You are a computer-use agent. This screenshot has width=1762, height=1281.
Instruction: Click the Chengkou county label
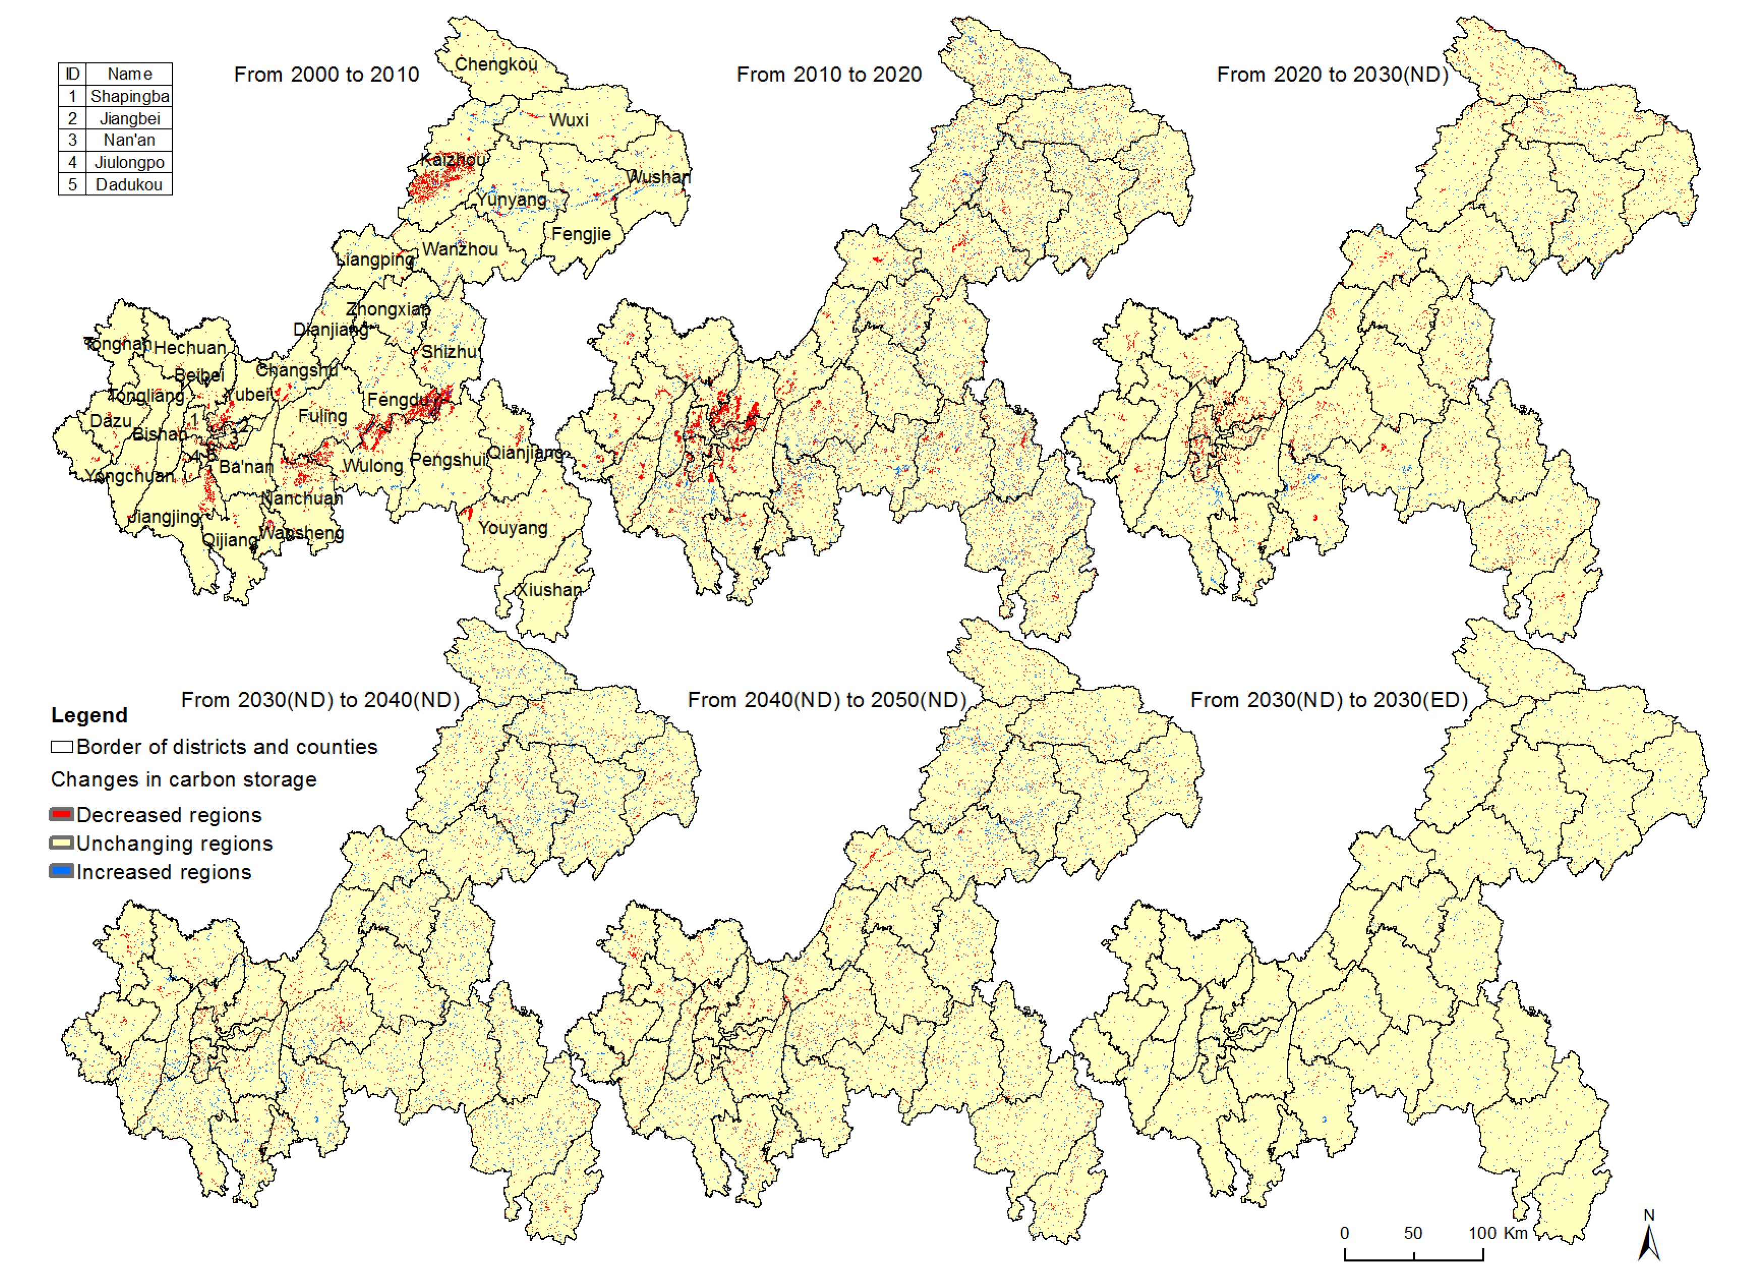pos(496,65)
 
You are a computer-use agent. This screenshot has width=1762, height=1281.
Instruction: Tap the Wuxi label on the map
pos(569,121)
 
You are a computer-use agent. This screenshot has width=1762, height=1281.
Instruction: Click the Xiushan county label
pos(549,590)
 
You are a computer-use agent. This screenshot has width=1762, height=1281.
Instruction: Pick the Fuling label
pos(322,416)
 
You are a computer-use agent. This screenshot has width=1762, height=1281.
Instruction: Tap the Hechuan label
pos(190,348)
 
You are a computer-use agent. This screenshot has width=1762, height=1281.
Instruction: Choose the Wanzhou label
pos(460,249)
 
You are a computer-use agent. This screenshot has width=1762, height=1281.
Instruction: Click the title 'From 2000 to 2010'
pos(326,75)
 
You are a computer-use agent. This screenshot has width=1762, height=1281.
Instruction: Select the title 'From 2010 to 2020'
pos(829,75)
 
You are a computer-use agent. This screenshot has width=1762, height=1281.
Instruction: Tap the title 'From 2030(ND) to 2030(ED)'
pos(1329,700)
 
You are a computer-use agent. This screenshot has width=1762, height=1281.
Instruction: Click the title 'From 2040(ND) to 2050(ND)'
pos(827,700)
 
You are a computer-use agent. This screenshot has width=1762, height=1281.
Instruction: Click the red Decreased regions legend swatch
pos(62,814)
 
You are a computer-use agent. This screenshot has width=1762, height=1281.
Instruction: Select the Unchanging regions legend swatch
pos(62,843)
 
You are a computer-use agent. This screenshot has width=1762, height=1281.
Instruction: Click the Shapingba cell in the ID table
pos(130,96)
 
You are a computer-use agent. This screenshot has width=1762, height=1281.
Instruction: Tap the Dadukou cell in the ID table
pos(129,185)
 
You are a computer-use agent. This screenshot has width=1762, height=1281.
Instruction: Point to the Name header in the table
pos(130,74)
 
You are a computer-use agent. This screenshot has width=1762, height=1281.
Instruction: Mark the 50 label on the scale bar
pos(1412,1233)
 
